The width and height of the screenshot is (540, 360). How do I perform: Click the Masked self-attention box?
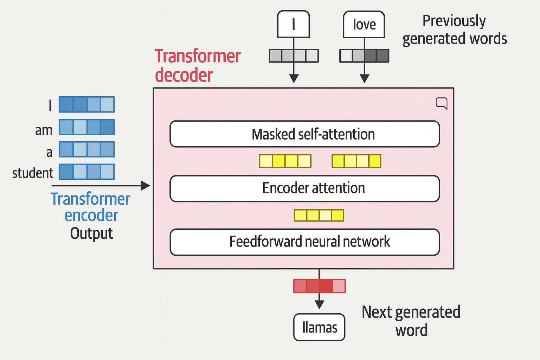pos(304,134)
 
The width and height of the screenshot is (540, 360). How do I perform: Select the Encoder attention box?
pos(304,188)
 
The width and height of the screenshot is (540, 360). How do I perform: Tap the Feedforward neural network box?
pos(304,242)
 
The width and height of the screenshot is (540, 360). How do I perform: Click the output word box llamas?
pos(319,327)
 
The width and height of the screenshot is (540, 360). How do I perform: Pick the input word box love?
pos(364,25)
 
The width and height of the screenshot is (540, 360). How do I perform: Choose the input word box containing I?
pos(293,24)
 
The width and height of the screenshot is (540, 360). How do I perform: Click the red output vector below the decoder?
pos(319,286)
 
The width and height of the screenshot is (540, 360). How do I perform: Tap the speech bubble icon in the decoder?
pos(442,103)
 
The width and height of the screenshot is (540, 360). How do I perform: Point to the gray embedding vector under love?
pos(364,56)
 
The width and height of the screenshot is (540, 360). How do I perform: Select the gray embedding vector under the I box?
pos(294,56)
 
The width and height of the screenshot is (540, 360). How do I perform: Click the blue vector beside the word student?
pos(86,172)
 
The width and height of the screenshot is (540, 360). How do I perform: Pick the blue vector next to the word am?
pos(86,127)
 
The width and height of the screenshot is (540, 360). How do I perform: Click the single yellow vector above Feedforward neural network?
pos(319,215)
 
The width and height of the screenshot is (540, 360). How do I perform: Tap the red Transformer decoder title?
pos(198,66)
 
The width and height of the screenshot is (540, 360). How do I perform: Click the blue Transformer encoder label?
pos(90,207)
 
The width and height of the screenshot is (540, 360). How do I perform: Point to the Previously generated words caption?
pos(454,30)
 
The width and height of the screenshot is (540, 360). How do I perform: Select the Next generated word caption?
pos(411,321)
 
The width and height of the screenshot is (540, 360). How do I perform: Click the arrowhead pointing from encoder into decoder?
pos(146,185)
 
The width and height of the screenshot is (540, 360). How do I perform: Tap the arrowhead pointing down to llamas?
pos(319,304)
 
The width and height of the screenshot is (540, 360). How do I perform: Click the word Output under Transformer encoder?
pos(91,233)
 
